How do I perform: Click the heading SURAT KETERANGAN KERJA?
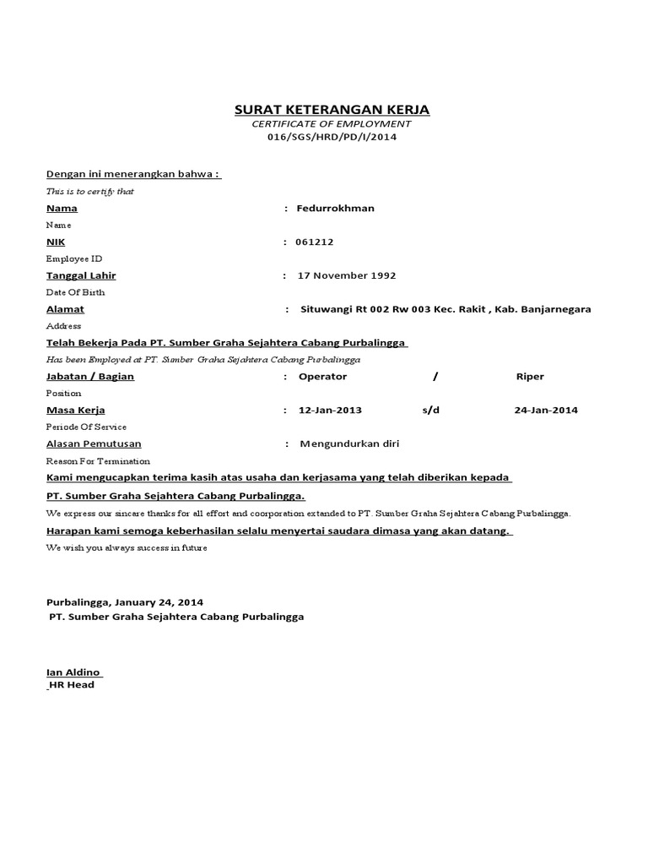(x=332, y=110)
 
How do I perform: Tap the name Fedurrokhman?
(x=336, y=208)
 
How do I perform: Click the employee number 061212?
(x=315, y=242)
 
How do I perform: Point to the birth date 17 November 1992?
(x=346, y=275)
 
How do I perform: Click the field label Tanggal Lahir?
(x=81, y=275)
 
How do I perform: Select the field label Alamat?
(x=65, y=309)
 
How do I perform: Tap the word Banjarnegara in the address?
(x=552, y=309)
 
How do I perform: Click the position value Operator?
(x=323, y=377)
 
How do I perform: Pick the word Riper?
(x=530, y=377)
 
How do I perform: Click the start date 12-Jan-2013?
(x=330, y=411)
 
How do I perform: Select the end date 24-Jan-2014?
(x=546, y=411)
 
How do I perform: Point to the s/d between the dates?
(x=431, y=411)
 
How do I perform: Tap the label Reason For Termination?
(x=98, y=461)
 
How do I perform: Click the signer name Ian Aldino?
(x=73, y=672)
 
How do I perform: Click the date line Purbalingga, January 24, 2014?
(x=124, y=602)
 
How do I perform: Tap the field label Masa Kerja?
(x=75, y=411)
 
